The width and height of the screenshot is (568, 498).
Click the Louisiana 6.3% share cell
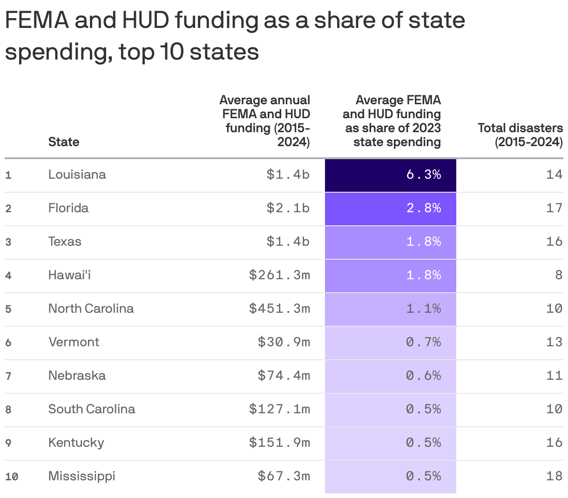[x=390, y=175]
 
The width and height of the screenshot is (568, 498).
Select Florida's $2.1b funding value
[x=288, y=208]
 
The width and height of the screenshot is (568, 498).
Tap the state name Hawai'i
[x=69, y=275]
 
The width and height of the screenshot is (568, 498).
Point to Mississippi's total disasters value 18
[x=554, y=476]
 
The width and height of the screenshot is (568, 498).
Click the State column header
[x=64, y=142]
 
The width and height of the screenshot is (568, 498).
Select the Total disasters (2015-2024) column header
[x=520, y=135]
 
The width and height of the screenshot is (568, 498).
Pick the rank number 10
[x=12, y=477]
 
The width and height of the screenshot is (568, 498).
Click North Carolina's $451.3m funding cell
[x=279, y=309]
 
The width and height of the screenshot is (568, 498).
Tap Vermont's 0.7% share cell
[x=390, y=343]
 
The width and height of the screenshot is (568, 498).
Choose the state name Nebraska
[x=77, y=376]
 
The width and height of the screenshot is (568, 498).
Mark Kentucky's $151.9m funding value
[x=279, y=443]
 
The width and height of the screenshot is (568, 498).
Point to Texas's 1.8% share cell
[x=390, y=242]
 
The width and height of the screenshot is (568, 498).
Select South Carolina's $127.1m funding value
[x=279, y=409]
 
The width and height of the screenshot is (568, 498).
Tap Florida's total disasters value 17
[x=554, y=208]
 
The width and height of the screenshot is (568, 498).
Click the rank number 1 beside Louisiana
[x=8, y=175]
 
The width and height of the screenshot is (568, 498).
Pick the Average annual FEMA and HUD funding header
[x=265, y=121]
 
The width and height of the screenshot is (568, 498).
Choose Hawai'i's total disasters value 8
[x=558, y=275]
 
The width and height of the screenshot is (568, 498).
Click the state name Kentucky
[x=76, y=443]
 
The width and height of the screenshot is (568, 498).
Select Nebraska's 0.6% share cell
[x=390, y=376]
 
